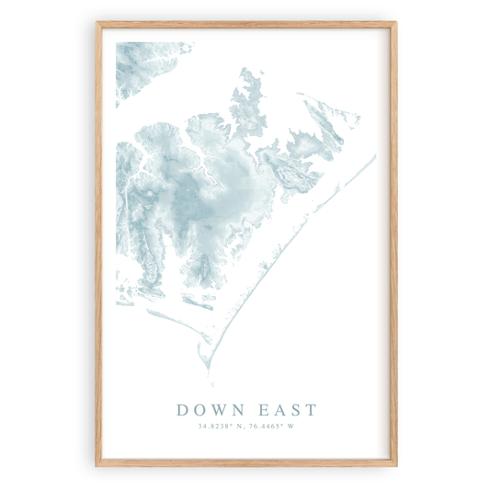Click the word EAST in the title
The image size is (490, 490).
tap(285, 409)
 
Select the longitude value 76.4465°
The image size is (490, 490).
tap(268, 426)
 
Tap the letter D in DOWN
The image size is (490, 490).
tap(181, 409)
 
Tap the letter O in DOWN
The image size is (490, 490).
tap(199, 409)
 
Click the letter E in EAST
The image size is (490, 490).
tap(262, 409)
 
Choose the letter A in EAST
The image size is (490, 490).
tap(278, 409)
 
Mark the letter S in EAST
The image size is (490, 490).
tap(293, 409)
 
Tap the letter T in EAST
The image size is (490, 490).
tap(309, 409)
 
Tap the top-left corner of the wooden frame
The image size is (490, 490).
tap(97, 24)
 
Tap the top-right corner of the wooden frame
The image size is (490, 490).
tap(395, 24)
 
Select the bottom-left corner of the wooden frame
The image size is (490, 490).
tap(97, 464)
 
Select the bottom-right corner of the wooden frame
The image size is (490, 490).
tap(395, 464)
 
